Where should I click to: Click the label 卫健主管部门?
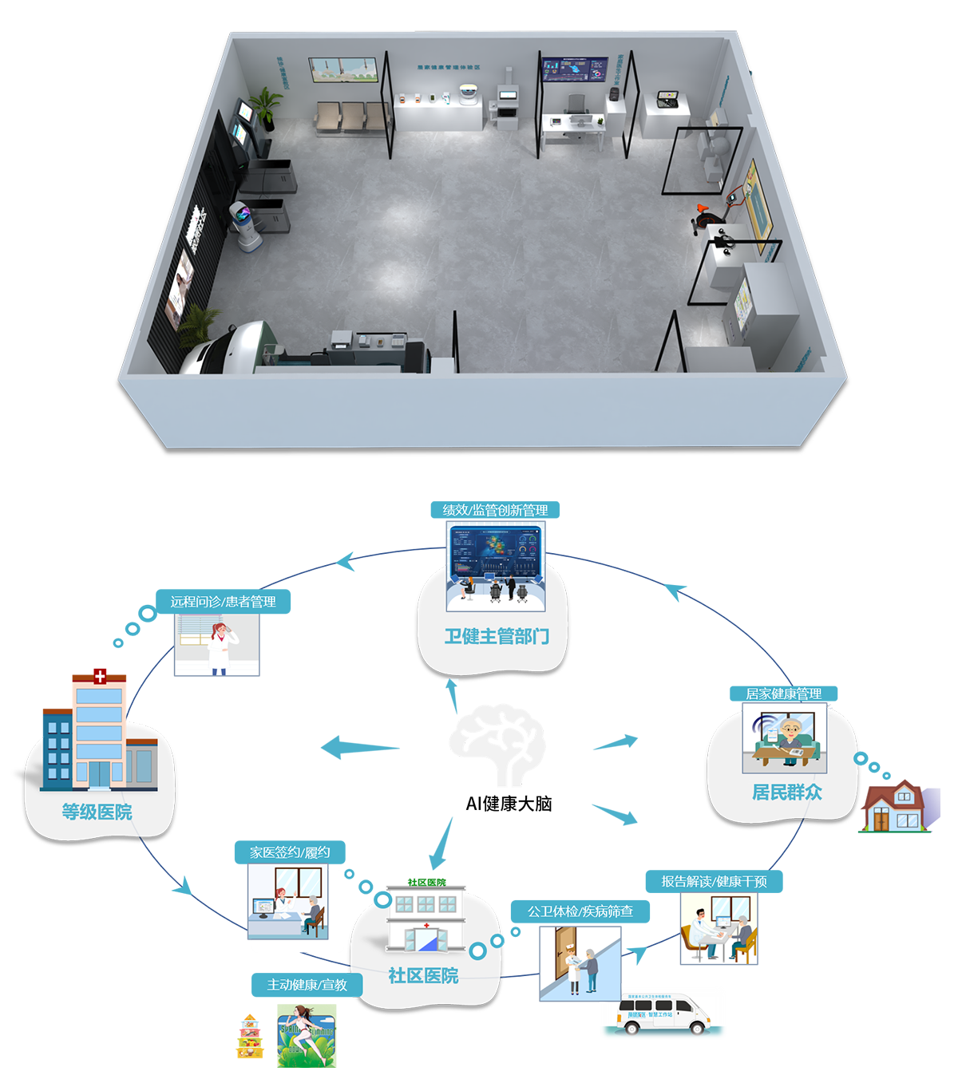pyautogui.click(x=497, y=636)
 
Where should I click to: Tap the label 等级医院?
pyautogui.click(x=97, y=812)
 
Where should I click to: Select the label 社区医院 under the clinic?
pyautogui.click(x=423, y=975)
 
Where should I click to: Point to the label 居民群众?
pyautogui.click(x=786, y=792)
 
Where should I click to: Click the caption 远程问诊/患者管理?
pyautogui.click(x=223, y=602)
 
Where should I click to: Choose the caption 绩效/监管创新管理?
pyautogui.click(x=495, y=510)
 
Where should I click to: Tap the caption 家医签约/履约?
pyautogui.click(x=290, y=852)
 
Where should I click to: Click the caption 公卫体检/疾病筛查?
pyautogui.click(x=580, y=911)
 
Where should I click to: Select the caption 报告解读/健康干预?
pyautogui.click(x=714, y=881)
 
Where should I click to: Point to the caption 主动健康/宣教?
pyautogui.click(x=307, y=985)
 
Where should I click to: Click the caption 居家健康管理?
pyautogui.click(x=783, y=694)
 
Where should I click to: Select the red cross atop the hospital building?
pyautogui.click(x=100, y=677)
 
